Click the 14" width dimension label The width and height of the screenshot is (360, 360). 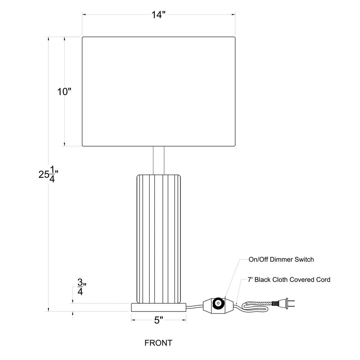pyautogui.click(x=159, y=15)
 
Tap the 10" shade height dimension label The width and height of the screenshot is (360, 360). pyautogui.click(x=64, y=92)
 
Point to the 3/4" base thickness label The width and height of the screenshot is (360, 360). pyautogui.click(x=81, y=287)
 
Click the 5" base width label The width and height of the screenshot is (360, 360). pyautogui.click(x=159, y=320)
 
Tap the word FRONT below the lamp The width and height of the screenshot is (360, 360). pyautogui.click(x=159, y=343)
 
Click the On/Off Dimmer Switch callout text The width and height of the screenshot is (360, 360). pyautogui.click(x=281, y=259)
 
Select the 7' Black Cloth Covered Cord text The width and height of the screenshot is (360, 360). pyautogui.click(x=289, y=279)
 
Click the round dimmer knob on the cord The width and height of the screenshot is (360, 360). pyautogui.click(x=217, y=305)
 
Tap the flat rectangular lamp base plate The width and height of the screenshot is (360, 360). pyautogui.click(x=159, y=307)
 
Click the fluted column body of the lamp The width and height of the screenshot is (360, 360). pyautogui.click(x=159, y=239)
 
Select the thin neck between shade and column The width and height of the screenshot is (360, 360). pyautogui.click(x=159, y=160)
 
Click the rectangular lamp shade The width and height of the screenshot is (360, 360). pyautogui.click(x=159, y=91)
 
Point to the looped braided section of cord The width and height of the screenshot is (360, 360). pyautogui.click(x=255, y=307)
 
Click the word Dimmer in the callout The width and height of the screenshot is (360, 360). pyautogui.click(x=281, y=259)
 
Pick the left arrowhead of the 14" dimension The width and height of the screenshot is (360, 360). pyautogui.click(x=84, y=15)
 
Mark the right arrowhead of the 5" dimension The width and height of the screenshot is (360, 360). pyautogui.click(x=184, y=320)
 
